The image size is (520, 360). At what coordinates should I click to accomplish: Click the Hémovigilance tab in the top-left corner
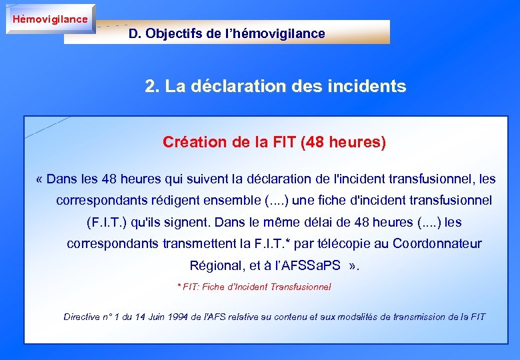coord(50,19)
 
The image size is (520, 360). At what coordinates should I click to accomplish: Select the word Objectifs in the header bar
coord(174,33)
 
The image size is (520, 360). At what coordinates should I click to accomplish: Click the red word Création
coord(189,142)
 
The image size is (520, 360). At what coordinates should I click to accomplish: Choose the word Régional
coord(215,265)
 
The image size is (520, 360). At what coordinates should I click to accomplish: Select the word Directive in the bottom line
coord(83,317)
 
